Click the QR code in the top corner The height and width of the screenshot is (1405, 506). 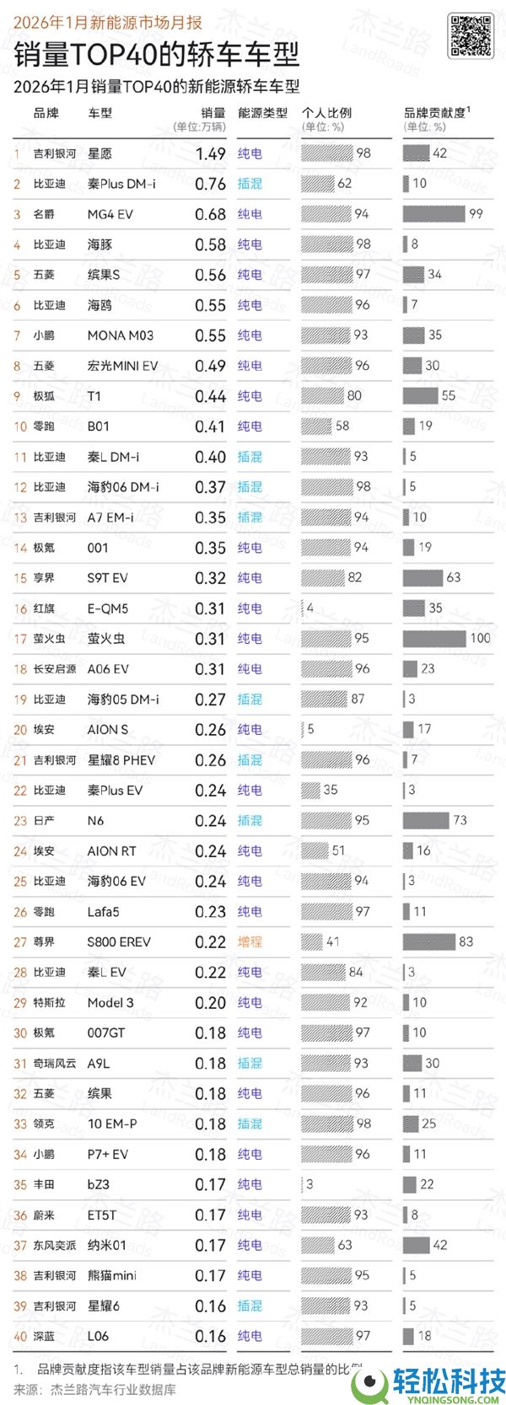(470, 36)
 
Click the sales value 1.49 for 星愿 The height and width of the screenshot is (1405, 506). (210, 153)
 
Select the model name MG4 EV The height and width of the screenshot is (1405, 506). (110, 214)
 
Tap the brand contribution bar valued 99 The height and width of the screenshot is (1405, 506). (433, 214)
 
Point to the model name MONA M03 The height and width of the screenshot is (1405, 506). (121, 335)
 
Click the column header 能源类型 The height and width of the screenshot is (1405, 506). (262, 113)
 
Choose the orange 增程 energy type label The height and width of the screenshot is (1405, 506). (250, 942)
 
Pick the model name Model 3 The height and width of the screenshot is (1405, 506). (110, 1003)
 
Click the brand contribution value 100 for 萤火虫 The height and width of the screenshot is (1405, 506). (481, 639)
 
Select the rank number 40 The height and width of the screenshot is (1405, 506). (20, 1337)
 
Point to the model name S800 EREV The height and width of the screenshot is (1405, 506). (119, 942)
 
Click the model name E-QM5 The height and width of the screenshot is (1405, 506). (108, 609)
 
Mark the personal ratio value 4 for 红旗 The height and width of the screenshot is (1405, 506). (310, 609)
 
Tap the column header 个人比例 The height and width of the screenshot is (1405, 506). (327, 113)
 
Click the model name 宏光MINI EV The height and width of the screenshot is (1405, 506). (122, 366)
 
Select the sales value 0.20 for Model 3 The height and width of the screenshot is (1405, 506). (210, 1003)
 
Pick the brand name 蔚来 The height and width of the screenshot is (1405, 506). (44, 1215)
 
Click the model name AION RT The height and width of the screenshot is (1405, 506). (111, 851)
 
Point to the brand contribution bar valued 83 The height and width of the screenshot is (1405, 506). (429, 942)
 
